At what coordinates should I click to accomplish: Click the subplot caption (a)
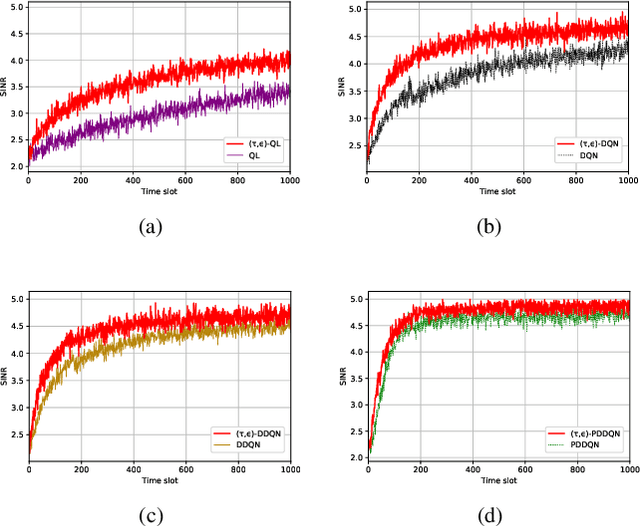151,226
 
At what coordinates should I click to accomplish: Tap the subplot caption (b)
490,226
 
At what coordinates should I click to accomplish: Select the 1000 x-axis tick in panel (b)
626,181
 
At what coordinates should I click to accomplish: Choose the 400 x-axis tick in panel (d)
472,470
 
